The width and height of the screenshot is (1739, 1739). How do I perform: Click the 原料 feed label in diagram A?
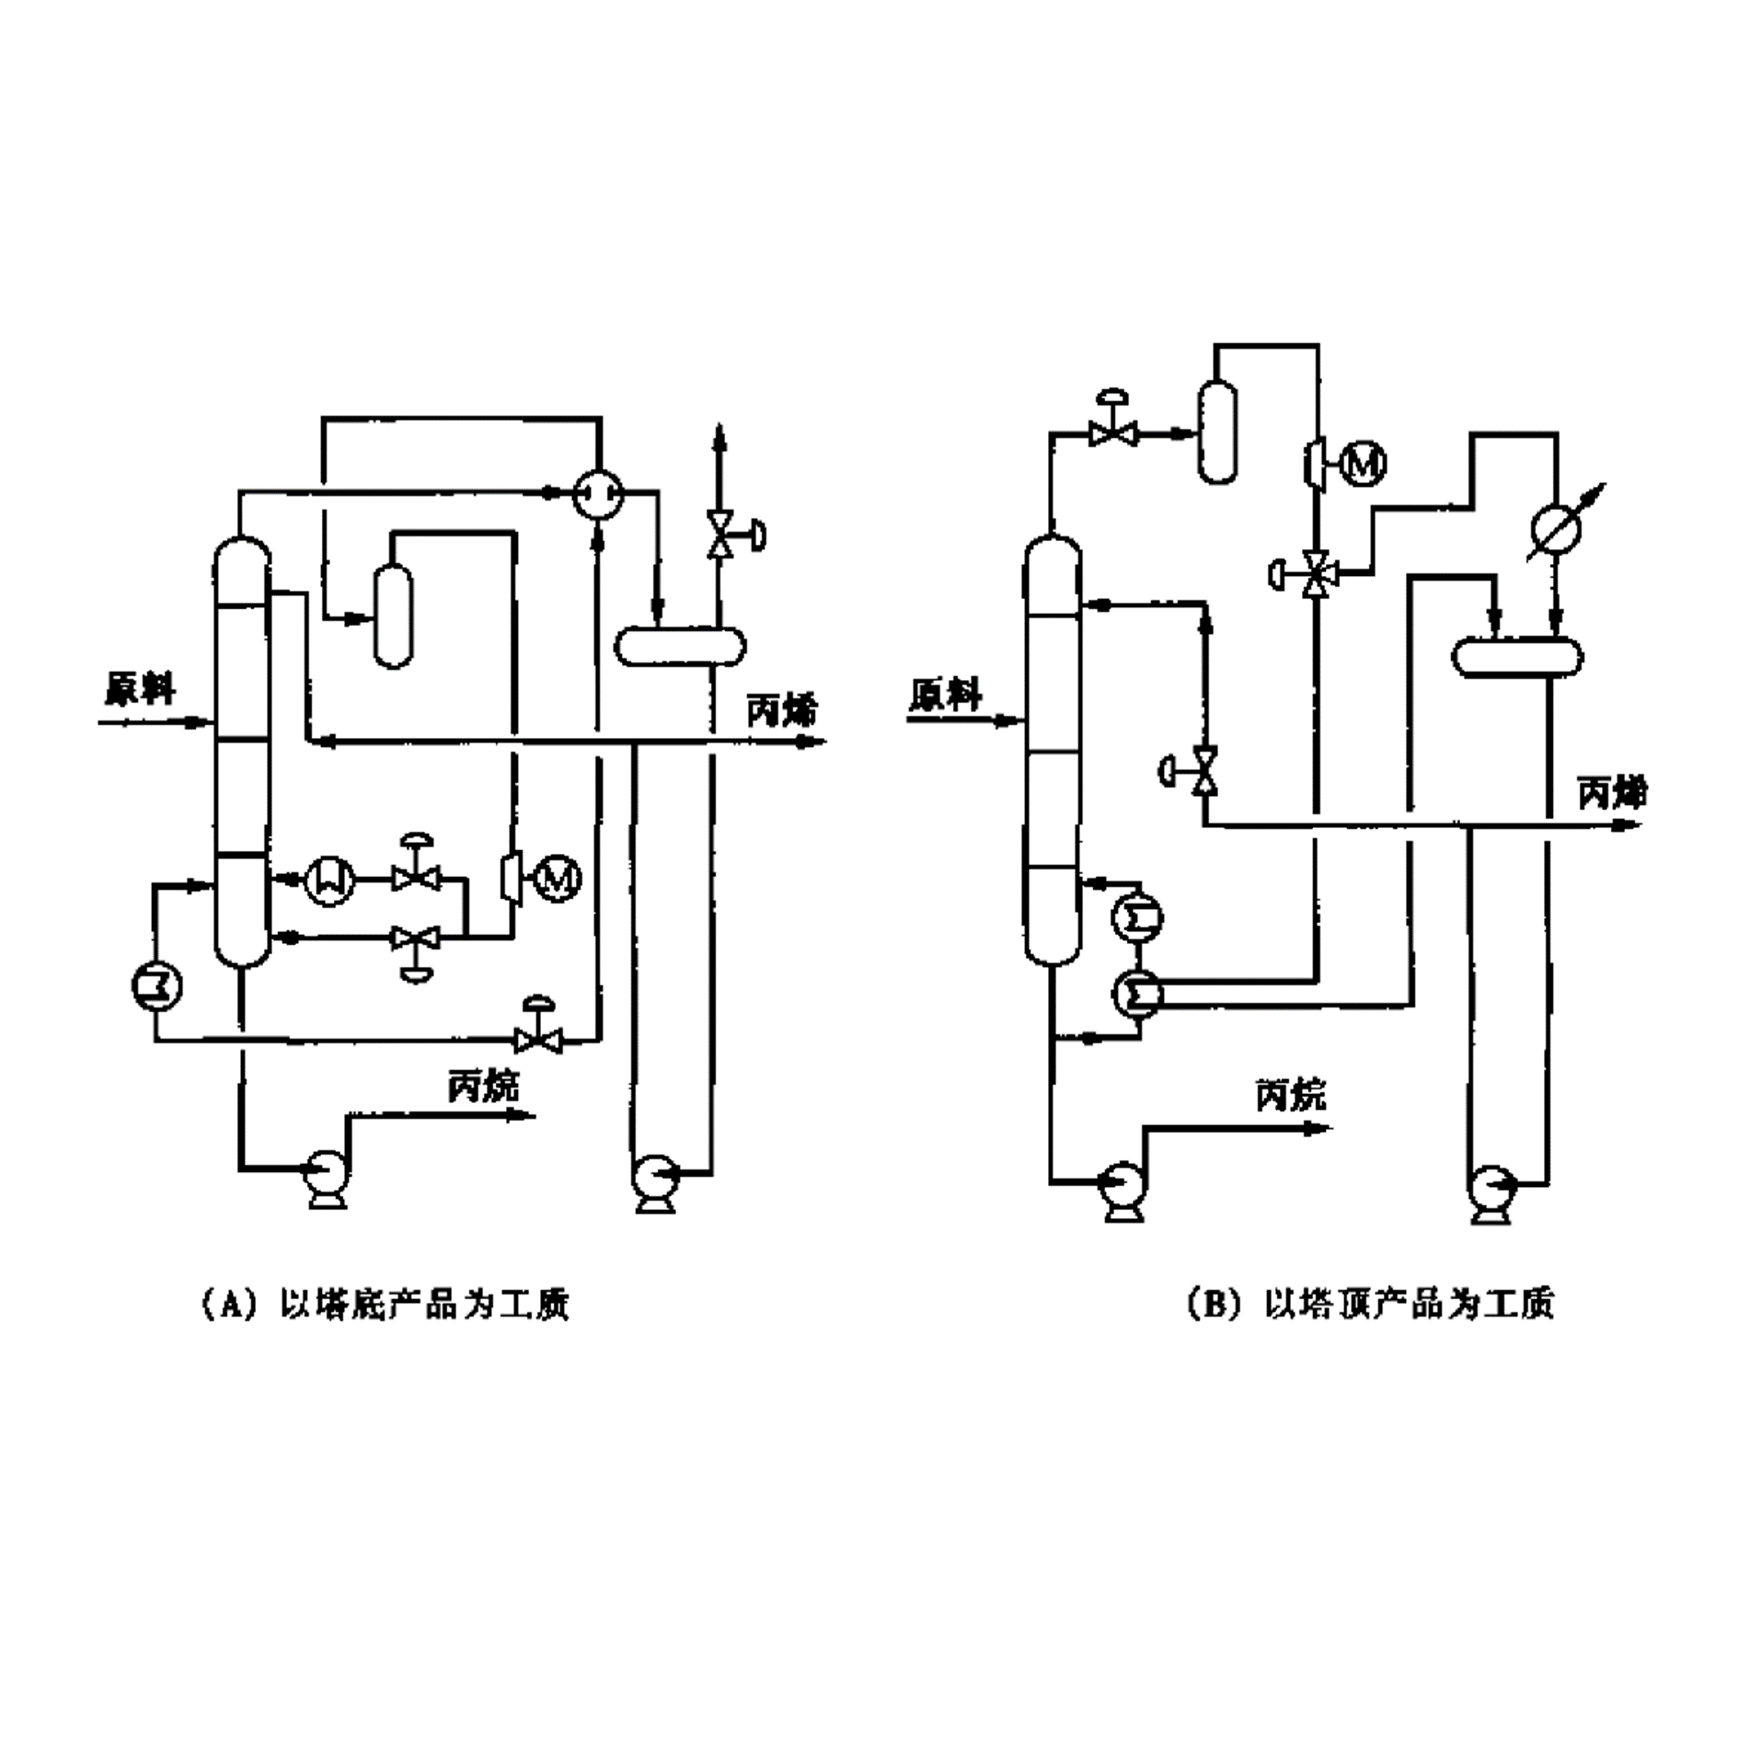[140, 689]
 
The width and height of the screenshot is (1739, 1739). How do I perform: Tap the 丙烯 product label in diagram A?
[781, 709]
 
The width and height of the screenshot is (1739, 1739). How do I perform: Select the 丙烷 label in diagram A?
[483, 1087]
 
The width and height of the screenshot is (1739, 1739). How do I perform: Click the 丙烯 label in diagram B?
[1613, 792]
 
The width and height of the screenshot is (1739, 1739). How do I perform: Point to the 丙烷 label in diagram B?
[1291, 1095]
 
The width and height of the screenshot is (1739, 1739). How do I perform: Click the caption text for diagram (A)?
[386, 1304]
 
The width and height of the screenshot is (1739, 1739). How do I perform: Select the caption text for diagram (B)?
[1371, 1304]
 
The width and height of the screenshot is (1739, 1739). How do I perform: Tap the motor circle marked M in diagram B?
[1363, 462]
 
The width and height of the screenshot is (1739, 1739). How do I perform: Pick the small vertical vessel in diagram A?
[394, 615]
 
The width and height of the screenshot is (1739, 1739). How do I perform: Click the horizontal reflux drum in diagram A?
[680, 645]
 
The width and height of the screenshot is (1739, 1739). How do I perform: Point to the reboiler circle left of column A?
[155, 986]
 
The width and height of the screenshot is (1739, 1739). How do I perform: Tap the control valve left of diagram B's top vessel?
[1113, 431]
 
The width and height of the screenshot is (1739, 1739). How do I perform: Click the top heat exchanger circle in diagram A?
[599, 496]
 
